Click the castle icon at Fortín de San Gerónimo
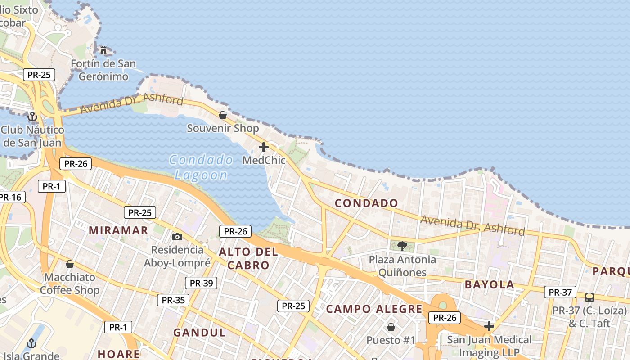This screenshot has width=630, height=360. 103,50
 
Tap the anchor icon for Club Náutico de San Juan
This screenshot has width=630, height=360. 32,117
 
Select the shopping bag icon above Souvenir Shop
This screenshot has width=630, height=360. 222,115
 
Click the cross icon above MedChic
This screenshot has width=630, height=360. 264,147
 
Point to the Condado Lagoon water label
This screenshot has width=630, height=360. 201,167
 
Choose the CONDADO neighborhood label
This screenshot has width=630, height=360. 367,203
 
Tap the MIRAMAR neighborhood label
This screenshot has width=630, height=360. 118,230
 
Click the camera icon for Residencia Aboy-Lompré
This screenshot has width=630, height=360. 177,237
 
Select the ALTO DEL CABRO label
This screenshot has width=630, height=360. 248,259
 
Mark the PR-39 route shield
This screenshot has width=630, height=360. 201,283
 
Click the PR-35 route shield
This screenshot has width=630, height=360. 173,300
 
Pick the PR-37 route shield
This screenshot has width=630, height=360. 560,292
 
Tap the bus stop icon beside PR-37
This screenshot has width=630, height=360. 589,297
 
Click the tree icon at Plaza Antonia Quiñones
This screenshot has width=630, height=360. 402,246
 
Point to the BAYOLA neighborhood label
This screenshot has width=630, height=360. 490,284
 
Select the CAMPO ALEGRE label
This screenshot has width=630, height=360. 374,309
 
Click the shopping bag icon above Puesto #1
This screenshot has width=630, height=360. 391,327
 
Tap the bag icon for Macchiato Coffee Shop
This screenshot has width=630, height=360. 70,264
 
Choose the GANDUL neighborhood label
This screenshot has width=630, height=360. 199,333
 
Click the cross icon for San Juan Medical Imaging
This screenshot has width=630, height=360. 489,326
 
